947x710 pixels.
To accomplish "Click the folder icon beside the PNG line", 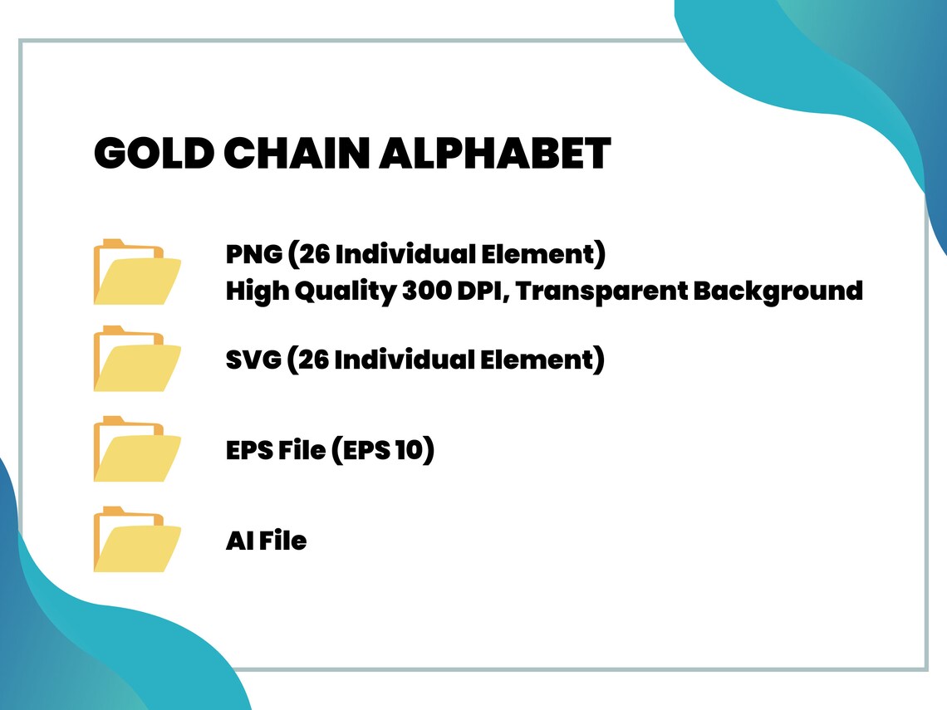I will point(137,272).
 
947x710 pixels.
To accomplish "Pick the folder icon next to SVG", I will point(137,359).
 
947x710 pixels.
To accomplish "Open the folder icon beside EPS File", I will point(137,449).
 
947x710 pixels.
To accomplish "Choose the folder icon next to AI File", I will point(137,539).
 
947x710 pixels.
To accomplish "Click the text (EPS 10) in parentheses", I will point(383,450).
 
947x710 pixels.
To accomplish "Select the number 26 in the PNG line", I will point(314,254).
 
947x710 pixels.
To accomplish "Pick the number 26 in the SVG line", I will point(314,360).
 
